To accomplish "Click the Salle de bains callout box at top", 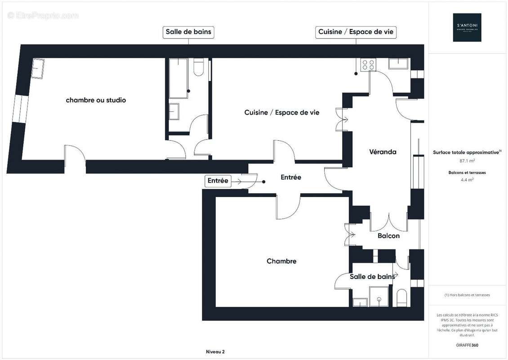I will pos(188,32).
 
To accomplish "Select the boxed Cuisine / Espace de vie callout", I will pos(356,32).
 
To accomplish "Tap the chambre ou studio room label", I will pos(96,100).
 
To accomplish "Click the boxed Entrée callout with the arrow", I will pos(218,181).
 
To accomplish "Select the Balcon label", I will pos(388,235).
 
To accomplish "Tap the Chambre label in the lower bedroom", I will pos(281,261).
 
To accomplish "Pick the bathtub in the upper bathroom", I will pos(178,78).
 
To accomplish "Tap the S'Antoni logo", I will pos(467,27).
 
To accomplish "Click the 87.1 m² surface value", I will pos(467,160).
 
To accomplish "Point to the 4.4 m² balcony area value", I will pos(467,179).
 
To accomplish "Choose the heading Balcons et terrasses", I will pos(467,172).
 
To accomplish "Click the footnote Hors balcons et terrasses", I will pos(467,295).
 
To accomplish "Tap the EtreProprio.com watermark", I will pos(43,15).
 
